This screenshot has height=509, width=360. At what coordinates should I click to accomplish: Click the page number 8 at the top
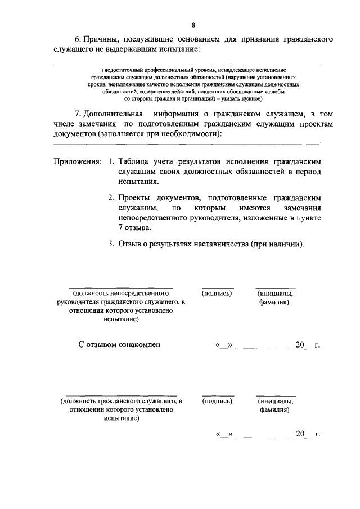pos(193,25)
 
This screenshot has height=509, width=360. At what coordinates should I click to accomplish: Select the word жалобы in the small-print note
pos(270,91)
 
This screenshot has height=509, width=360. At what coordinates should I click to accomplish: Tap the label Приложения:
pos(78,161)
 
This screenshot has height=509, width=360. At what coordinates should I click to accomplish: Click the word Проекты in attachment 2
pos(135,197)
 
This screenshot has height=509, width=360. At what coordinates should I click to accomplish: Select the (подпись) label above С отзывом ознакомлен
pos(217,293)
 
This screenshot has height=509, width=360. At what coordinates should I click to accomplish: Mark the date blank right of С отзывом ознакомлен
pos(262,345)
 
